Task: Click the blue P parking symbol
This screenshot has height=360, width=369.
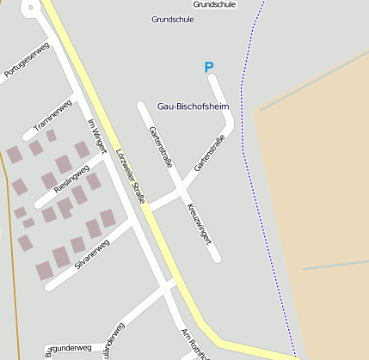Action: point(208,67)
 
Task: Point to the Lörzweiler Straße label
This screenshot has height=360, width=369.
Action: point(130,176)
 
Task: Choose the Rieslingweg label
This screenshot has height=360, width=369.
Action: point(71,179)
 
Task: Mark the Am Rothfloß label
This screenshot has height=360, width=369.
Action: point(195,344)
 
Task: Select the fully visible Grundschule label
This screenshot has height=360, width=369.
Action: point(173,19)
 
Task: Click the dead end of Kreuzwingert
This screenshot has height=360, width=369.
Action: point(217,257)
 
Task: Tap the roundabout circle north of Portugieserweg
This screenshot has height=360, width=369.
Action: point(31,8)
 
